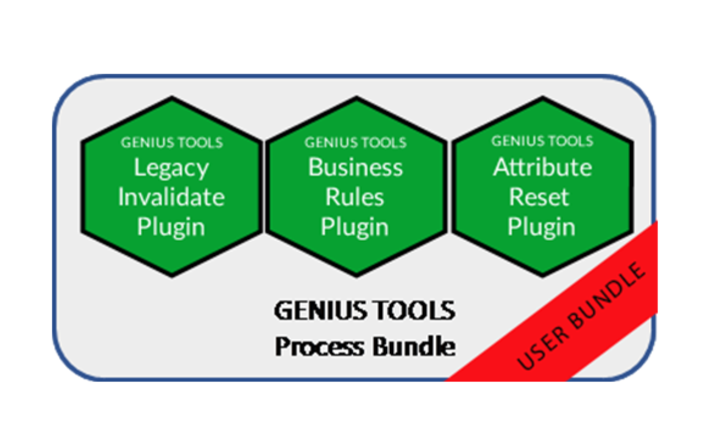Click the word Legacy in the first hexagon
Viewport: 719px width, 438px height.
tap(171, 168)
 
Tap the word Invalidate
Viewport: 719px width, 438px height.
tap(171, 197)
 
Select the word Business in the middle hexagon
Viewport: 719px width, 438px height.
tap(355, 167)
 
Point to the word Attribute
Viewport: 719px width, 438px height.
tap(542, 167)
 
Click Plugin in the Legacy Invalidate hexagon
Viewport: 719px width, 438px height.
tap(171, 227)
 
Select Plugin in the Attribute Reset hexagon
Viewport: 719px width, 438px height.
tap(541, 227)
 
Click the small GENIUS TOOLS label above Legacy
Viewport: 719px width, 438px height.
tap(171, 143)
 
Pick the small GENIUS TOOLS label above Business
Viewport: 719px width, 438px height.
tap(355, 143)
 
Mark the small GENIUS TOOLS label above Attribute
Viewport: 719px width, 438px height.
tap(542, 141)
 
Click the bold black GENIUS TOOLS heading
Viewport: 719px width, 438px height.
tap(364, 311)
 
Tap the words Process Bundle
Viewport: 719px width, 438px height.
tap(364, 347)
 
